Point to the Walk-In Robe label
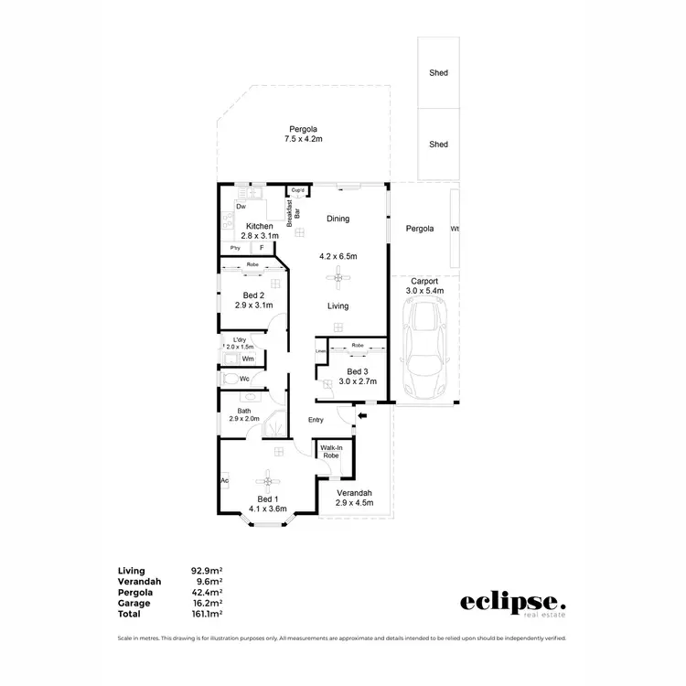pyautogui.click(x=331, y=451)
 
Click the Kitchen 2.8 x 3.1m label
pyautogui.click(x=260, y=230)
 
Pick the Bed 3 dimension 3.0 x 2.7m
pyautogui.click(x=358, y=381)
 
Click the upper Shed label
pyautogui.click(x=438, y=72)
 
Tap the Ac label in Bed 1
pyautogui.click(x=224, y=479)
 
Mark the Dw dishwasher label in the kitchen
pyautogui.click(x=241, y=207)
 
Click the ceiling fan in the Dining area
pyautogui.click(x=338, y=270)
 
